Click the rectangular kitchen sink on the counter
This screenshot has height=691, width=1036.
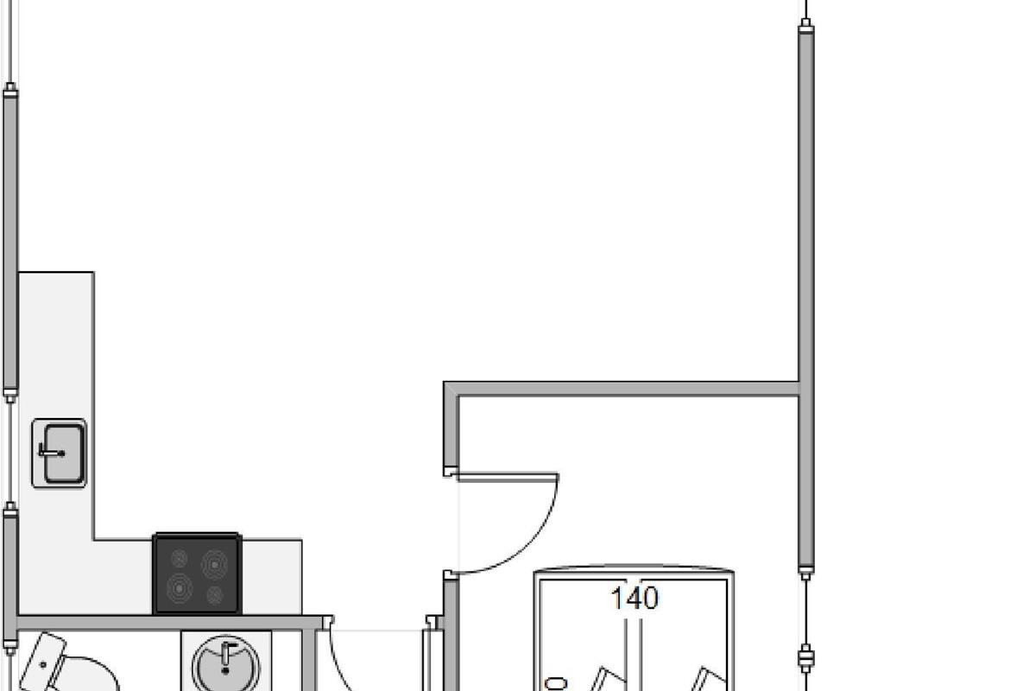click(x=59, y=453)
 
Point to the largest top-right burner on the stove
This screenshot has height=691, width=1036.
click(x=214, y=564)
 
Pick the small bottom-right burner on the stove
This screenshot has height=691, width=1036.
click(x=216, y=594)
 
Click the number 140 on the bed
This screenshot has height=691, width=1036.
click(x=635, y=599)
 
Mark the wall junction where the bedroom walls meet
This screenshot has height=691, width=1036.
click(x=805, y=389)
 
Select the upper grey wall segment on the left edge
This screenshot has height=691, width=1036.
click(x=10, y=242)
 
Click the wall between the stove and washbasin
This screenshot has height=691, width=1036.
click(x=173, y=621)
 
